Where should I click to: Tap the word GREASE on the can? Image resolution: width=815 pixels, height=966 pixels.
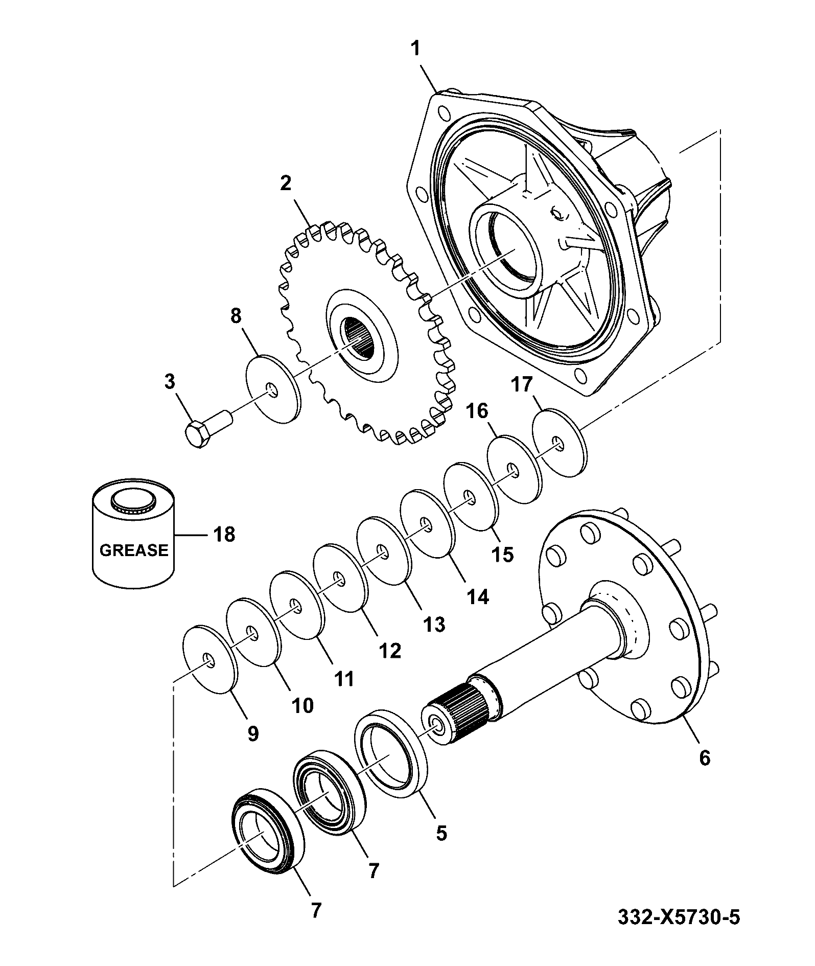pyautogui.click(x=133, y=550)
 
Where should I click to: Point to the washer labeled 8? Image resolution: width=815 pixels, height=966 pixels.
pyautogui.click(x=273, y=389)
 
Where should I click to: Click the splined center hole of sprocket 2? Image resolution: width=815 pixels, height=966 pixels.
pyautogui.click(x=361, y=338)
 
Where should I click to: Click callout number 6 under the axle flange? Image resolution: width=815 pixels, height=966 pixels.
pyautogui.click(x=704, y=758)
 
